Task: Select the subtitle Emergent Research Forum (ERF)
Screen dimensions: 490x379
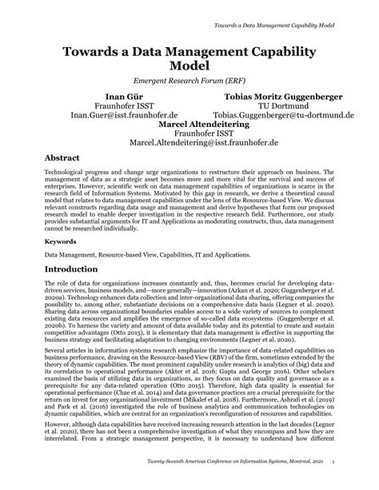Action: tap(189, 81)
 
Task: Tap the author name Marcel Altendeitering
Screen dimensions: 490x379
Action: tap(189, 125)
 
